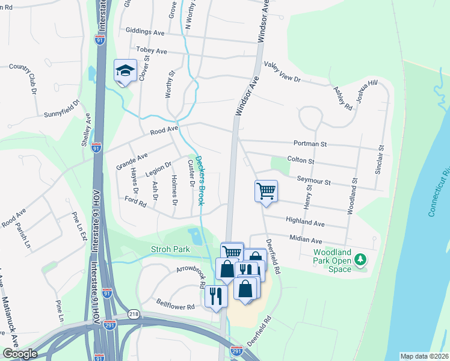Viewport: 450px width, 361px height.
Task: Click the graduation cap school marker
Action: coord(126,71)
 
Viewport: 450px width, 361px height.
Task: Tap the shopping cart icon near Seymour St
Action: coord(266,191)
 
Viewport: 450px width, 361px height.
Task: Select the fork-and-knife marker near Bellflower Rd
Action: coord(215,296)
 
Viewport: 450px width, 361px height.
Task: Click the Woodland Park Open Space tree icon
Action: coord(360,259)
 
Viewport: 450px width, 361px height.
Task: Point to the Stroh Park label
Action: coord(170,249)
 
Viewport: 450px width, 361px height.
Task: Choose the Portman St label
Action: coord(310,144)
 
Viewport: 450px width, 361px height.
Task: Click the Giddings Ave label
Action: coord(145,31)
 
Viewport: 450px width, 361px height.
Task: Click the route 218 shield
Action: coord(134,315)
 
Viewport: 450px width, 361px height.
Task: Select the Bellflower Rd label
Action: coord(175,306)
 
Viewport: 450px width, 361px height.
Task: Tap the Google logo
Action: coord(20,354)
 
